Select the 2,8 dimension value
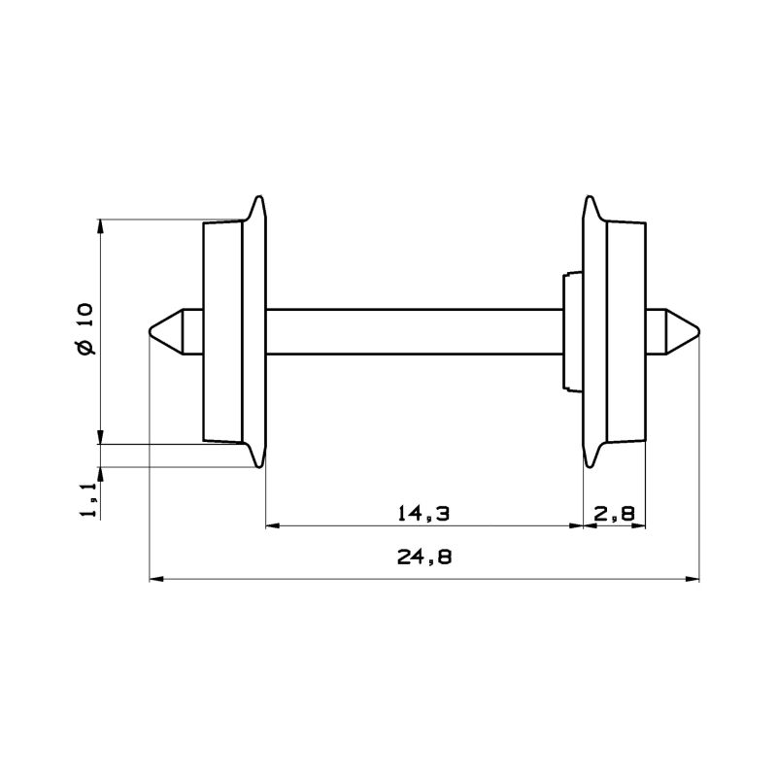pos(614,511)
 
